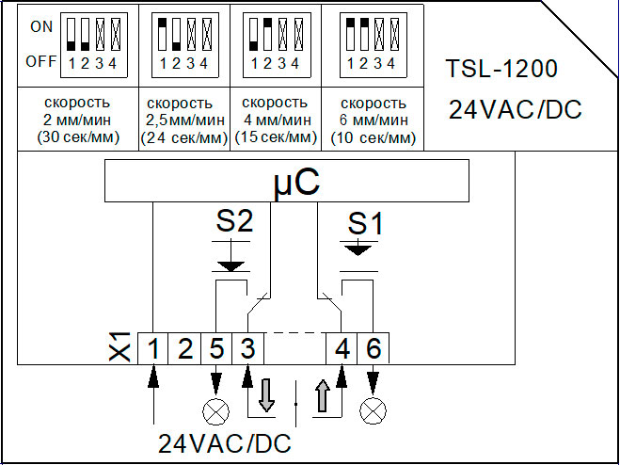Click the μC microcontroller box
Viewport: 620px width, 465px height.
click(x=287, y=181)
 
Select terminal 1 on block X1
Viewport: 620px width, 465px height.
click(x=153, y=348)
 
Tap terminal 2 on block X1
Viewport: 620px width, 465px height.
click(x=184, y=348)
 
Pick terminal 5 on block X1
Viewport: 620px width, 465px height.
click(x=215, y=348)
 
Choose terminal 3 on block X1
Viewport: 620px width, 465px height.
click(x=247, y=348)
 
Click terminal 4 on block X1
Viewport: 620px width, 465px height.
click(x=342, y=348)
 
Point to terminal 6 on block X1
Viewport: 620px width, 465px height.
click(x=374, y=348)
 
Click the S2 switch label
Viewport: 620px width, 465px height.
click(x=234, y=222)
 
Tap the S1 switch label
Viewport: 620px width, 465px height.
click(x=365, y=225)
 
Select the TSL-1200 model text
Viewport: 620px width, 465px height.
click(x=501, y=69)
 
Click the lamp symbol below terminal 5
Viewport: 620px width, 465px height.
click(x=215, y=412)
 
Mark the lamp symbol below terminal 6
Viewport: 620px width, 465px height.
click(x=374, y=412)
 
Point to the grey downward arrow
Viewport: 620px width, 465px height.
click(x=265, y=395)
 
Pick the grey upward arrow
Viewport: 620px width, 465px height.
click(x=323, y=395)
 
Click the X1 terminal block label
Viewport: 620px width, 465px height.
click(x=119, y=347)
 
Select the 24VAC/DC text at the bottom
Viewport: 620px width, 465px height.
click(x=225, y=443)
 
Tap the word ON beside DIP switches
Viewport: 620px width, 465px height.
click(x=41, y=27)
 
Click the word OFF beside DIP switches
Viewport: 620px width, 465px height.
click(x=41, y=62)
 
